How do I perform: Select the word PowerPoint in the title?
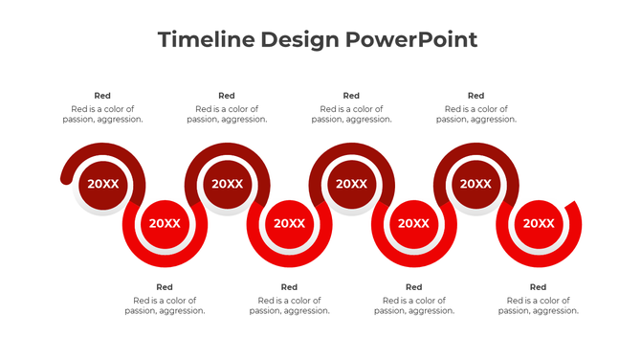(411, 39)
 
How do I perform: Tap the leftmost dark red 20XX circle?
(102, 184)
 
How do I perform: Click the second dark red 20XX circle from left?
(227, 184)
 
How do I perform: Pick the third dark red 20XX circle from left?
(351, 184)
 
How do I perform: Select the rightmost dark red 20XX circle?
(475, 184)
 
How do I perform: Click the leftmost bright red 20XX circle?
(165, 223)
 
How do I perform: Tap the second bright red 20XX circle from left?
(289, 223)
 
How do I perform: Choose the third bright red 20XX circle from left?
(413, 223)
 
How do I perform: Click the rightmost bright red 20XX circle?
(538, 223)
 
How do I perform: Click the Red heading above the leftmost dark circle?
(102, 96)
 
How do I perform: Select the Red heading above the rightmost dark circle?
(475, 96)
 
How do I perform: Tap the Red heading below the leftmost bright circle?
(165, 287)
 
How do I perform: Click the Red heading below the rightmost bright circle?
(538, 287)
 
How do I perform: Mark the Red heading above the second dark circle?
(227, 96)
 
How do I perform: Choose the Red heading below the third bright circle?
(413, 287)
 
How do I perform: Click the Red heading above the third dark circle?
(351, 96)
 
